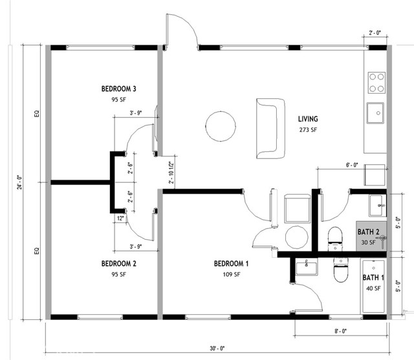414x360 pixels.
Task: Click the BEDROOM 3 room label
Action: (x=118, y=89)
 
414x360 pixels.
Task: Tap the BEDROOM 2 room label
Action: (x=118, y=264)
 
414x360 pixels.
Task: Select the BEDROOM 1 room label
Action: (x=231, y=264)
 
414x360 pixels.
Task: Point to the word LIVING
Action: (x=309, y=119)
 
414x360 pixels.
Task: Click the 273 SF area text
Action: (x=309, y=130)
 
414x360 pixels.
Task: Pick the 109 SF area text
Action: (x=231, y=275)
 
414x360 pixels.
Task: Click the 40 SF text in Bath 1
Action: (x=372, y=289)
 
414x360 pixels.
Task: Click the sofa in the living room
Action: (x=270, y=128)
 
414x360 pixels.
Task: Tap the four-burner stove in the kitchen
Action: (x=376, y=82)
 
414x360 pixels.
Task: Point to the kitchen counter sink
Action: (x=376, y=112)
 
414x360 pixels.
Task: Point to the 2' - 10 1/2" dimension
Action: (x=171, y=173)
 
